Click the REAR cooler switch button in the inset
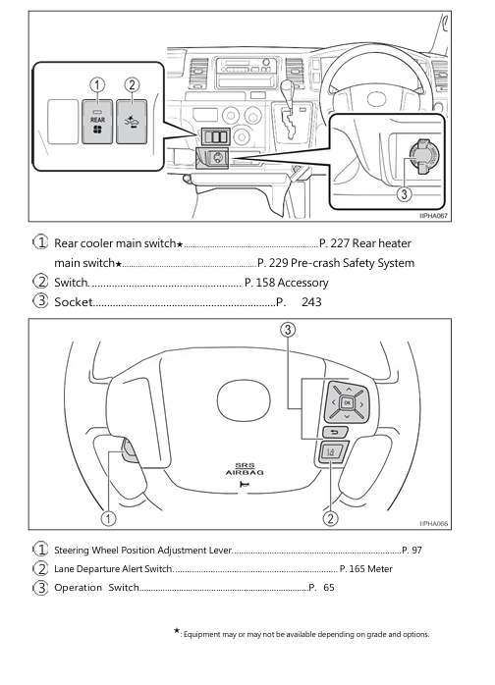98,122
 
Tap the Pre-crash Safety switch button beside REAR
133,122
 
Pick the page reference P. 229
275,263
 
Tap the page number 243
311,302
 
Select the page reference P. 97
412,550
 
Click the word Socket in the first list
74,302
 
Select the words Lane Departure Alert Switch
113,568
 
